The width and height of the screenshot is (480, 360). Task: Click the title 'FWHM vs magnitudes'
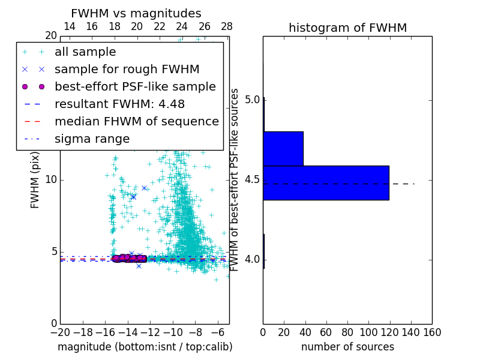coord(136,13)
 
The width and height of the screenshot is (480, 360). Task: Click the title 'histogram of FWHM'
coord(347,28)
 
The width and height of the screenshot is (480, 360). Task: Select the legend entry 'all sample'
coord(85,52)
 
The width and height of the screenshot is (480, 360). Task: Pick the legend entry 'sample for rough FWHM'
coord(127,70)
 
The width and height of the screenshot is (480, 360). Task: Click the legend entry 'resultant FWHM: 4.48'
coord(119,104)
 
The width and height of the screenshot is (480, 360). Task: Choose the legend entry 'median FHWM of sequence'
coord(136,122)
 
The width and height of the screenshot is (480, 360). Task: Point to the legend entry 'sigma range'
coord(92,139)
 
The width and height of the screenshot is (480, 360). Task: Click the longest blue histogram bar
coord(326,182)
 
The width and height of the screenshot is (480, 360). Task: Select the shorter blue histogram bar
coord(283,148)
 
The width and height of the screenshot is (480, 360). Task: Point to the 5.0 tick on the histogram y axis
coord(253,99)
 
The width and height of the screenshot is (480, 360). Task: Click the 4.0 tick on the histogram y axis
coord(253,259)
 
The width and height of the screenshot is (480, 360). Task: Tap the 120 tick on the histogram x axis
coord(389,331)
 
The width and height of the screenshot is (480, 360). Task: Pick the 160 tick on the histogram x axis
coord(431,331)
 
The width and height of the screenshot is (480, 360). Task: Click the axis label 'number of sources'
coord(347,347)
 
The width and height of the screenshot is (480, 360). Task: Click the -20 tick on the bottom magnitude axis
coord(60,331)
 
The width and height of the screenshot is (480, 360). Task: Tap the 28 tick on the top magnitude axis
coord(227,26)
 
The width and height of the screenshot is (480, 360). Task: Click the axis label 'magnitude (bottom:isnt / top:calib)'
coord(145,347)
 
